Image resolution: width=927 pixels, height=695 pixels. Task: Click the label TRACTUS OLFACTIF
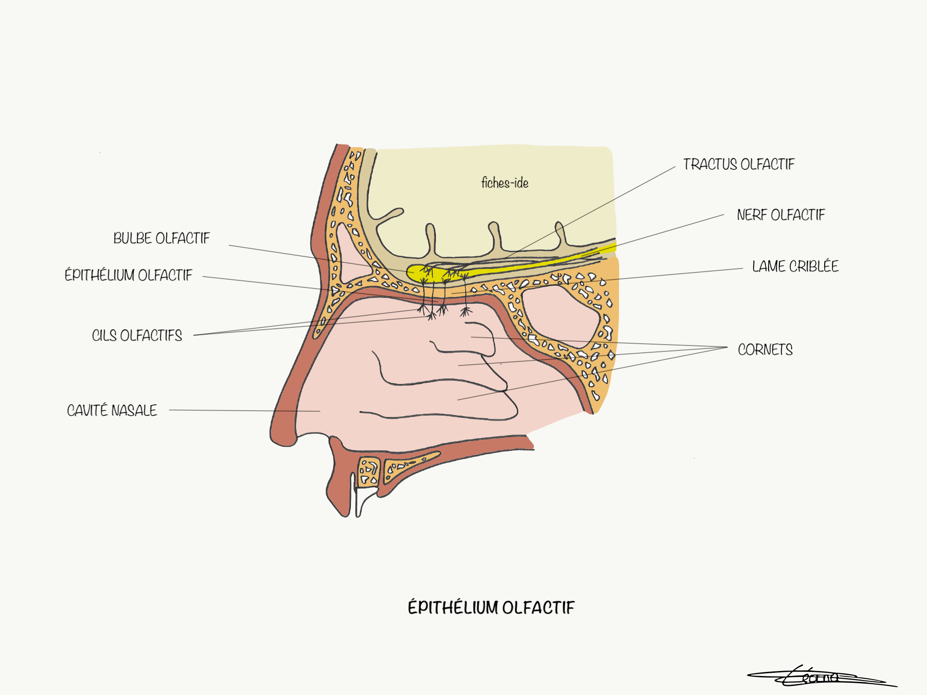738,164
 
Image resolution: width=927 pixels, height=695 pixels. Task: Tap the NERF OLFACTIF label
781,215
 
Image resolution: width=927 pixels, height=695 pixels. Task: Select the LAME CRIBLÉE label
795,267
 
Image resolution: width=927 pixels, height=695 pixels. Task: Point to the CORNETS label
765,350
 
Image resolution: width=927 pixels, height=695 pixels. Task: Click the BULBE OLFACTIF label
162,239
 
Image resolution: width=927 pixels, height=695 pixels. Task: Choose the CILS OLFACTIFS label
137,336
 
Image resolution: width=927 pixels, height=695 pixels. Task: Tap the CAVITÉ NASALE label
112,411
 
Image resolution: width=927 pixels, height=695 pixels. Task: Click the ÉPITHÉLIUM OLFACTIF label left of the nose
129,275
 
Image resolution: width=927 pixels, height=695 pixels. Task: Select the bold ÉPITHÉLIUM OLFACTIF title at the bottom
491,608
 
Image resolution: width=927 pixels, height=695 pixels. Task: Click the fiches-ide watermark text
505,183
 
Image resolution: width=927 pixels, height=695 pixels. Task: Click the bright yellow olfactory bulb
414,273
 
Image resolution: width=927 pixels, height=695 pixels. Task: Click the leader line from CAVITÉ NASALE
244,411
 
